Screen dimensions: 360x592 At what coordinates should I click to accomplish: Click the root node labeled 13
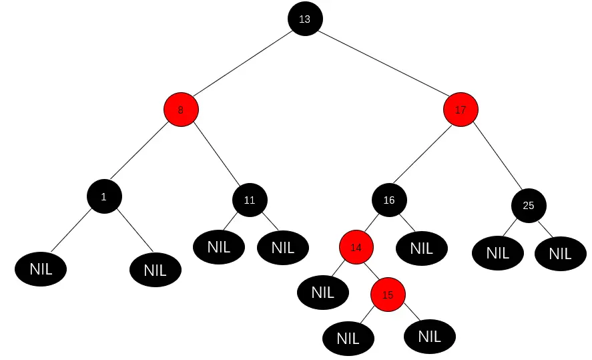pyautogui.click(x=305, y=19)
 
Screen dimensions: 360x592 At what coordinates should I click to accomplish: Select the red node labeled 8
pyautogui.click(x=181, y=110)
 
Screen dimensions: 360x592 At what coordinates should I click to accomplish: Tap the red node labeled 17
pyautogui.click(x=461, y=110)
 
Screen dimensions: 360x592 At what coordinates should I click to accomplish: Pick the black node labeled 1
pyautogui.click(x=103, y=196)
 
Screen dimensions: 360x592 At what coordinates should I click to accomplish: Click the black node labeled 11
pyautogui.click(x=250, y=200)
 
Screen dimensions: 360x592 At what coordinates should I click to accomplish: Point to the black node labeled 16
pyautogui.click(x=389, y=200)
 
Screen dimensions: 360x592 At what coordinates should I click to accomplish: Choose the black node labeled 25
pyautogui.click(x=529, y=205)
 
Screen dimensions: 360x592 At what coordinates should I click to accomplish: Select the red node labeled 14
pyautogui.click(x=356, y=247)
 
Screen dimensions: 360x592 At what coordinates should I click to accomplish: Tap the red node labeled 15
pyautogui.click(x=388, y=295)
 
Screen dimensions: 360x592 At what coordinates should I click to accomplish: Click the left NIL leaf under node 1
pyautogui.click(x=41, y=269)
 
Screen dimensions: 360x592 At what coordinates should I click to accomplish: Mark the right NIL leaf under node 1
pyautogui.click(x=155, y=271)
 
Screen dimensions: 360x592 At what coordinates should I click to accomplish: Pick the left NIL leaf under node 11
pyautogui.click(x=219, y=247)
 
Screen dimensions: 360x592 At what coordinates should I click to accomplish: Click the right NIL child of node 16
pyautogui.click(x=421, y=248)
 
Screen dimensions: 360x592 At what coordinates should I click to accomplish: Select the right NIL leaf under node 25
pyautogui.click(x=560, y=254)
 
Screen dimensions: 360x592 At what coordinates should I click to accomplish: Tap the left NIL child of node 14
pyautogui.click(x=322, y=292)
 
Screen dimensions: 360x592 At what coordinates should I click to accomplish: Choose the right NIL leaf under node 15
pyautogui.click(x=429, y=337)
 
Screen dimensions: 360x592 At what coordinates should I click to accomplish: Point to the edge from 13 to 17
pyautogui.click(x=383, y=64)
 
